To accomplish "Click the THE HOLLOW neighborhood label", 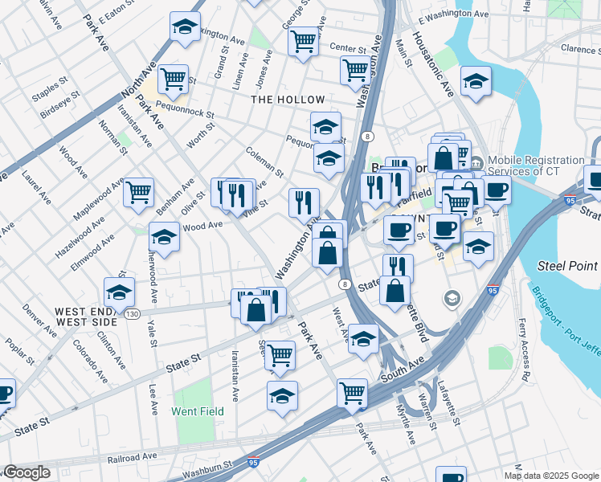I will [x=288, y=100].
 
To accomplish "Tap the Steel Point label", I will [x=568, y=266].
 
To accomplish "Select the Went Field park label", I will [x=198, y=411].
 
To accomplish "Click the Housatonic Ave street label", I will [x=433, y=64].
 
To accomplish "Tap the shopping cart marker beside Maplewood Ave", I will [x=138, y=193].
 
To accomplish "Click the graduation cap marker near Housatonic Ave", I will [x=476, y=81].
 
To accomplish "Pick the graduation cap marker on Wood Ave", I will [x=164, y=238].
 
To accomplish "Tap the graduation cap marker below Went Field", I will [x=282, y=397].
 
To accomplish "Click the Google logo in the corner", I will [x=26, y=472].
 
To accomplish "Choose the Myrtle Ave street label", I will [x=405, y=425].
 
